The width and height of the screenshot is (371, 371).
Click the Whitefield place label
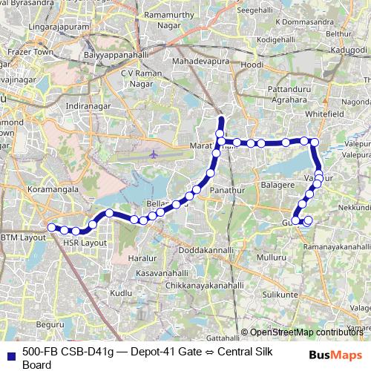point(325,115)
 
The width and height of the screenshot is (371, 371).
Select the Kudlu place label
point(121,294)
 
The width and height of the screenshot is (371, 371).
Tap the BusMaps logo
point(336,354)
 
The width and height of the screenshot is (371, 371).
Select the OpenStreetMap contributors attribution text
point(306,332)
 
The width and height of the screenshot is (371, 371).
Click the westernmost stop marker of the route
point(51,227)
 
